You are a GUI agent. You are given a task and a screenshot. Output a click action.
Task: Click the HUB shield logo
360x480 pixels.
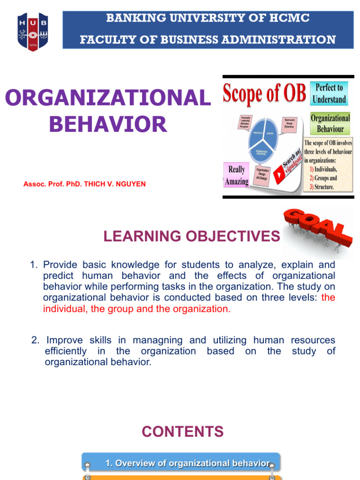(33, 32)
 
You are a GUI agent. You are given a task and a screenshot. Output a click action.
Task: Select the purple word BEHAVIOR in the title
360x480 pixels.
(108, 124)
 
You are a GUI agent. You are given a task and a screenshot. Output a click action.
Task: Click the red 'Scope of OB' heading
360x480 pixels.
(264, 93)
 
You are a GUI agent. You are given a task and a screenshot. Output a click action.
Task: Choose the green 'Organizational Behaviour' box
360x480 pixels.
(330, 123)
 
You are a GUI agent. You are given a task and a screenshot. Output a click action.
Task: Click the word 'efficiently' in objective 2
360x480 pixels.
(66, 351)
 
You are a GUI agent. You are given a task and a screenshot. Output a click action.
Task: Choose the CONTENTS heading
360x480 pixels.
(182, 431)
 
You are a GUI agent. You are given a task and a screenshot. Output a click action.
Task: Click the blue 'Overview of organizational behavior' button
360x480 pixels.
(181, 463)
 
